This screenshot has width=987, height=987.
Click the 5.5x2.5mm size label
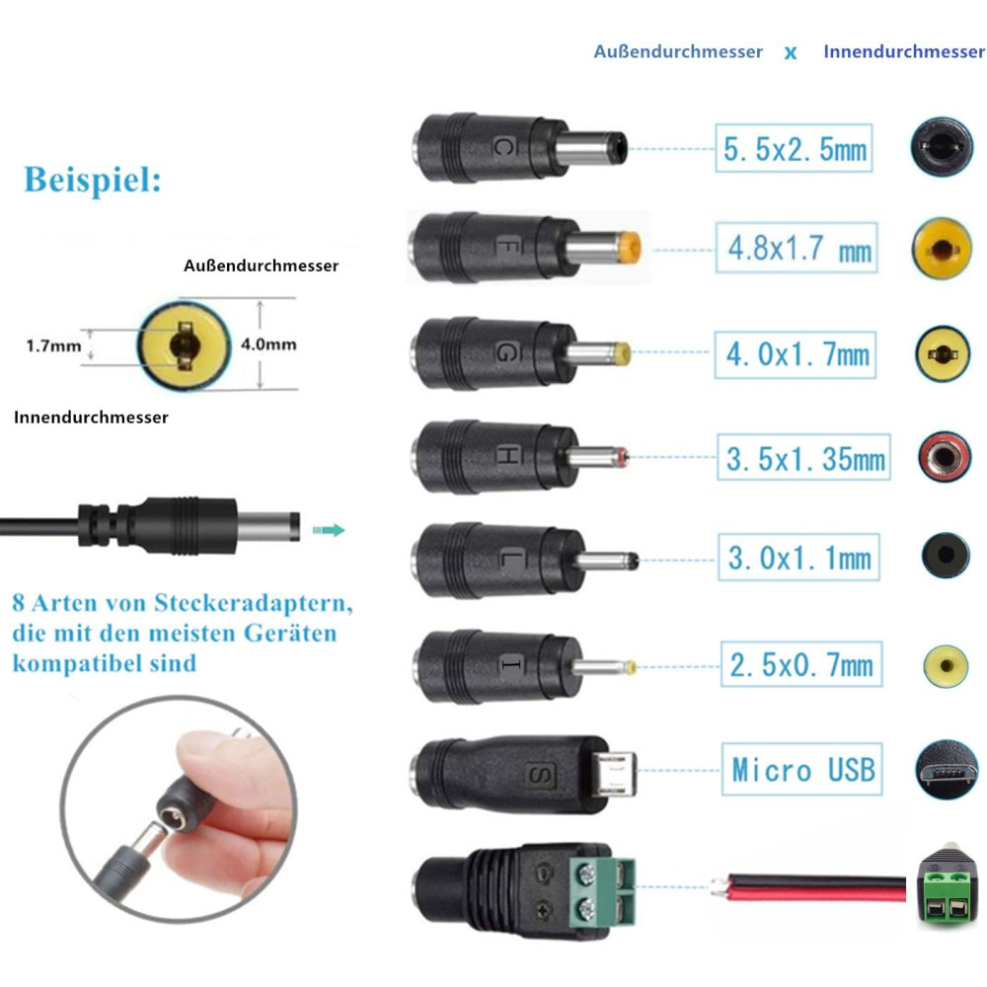794,149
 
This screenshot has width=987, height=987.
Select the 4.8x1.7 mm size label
797,248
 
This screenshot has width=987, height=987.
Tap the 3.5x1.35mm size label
803,457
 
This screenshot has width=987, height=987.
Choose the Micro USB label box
801,769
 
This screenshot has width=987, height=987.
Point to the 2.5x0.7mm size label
800,664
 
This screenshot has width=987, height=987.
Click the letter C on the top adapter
504,148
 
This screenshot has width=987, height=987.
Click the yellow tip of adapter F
630,247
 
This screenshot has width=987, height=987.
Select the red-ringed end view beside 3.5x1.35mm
945,457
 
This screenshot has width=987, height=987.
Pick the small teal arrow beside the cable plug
329,530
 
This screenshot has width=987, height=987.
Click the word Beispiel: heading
93,180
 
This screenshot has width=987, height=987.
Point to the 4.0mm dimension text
268,344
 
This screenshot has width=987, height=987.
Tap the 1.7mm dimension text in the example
53,345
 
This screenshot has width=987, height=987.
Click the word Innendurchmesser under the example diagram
91,418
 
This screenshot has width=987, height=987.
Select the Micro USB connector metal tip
614,774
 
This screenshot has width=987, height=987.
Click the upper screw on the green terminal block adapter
586,873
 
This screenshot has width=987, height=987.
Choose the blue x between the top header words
791,53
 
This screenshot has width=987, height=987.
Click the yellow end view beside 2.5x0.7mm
946,665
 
